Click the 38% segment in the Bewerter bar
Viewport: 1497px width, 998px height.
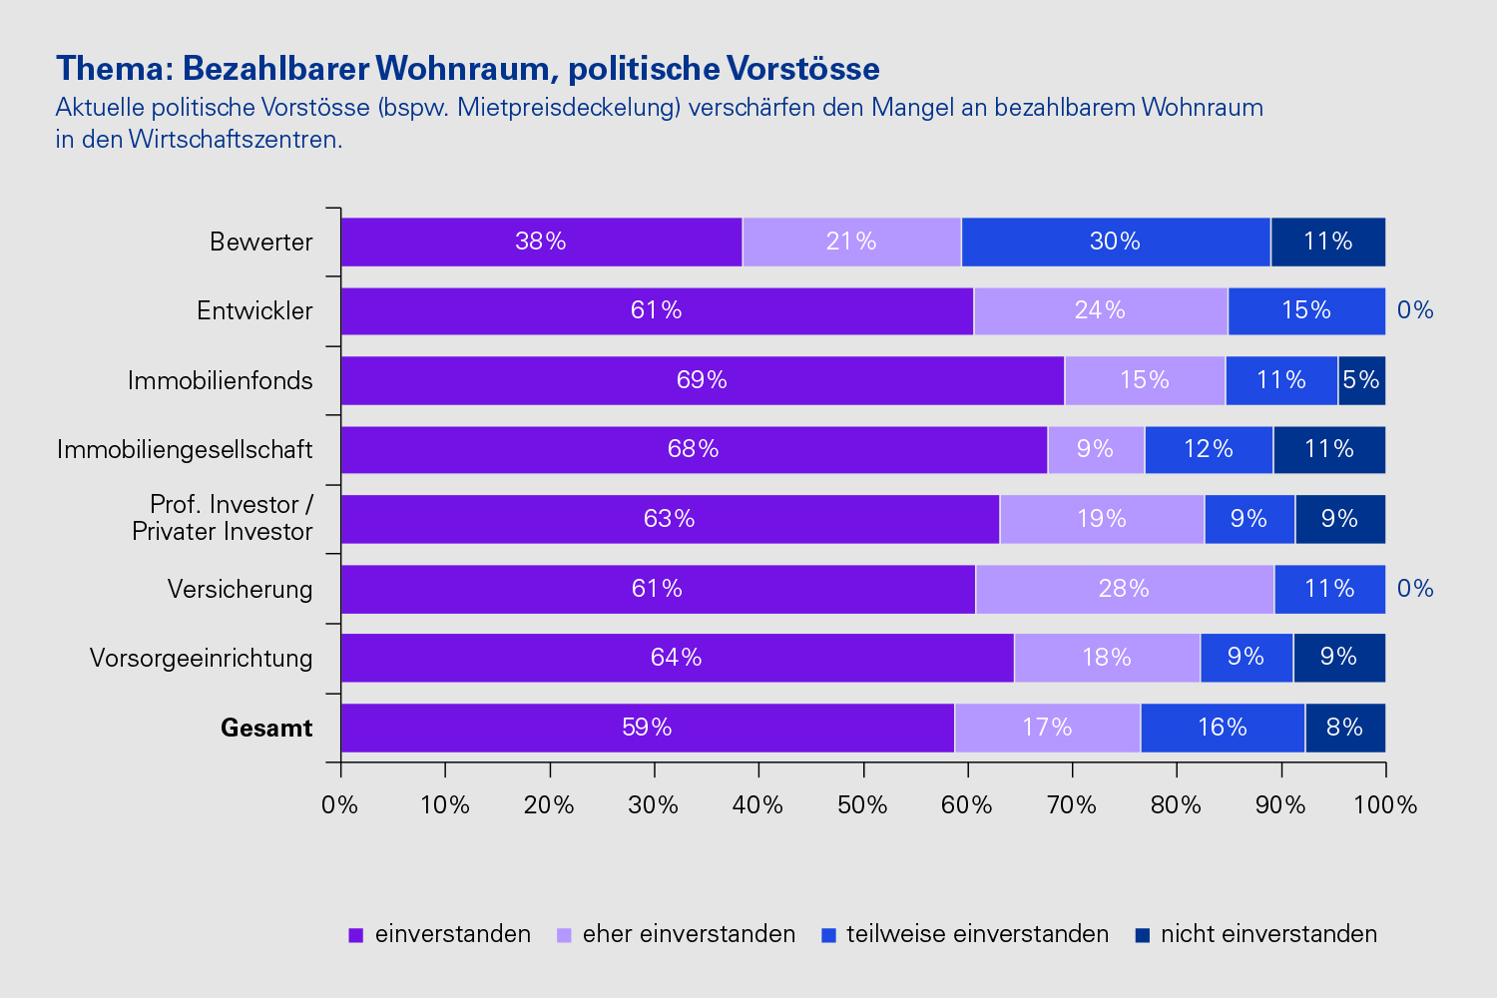tap(541, 242)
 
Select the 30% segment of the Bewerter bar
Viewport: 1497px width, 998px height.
tap(1115, 242)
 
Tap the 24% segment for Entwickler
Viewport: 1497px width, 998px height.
tap(1100, 310)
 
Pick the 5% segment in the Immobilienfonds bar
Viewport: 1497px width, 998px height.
tap(1361, 380)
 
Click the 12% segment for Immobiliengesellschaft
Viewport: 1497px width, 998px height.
tap(1209, 449)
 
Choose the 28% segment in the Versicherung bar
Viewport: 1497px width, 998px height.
tap(1124, 589)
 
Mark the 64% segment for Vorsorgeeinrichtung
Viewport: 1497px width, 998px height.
tap(677, 658)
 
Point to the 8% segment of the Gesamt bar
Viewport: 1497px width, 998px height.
tap(1344, 728)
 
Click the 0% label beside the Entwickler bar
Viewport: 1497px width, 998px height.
tap(1415, 310)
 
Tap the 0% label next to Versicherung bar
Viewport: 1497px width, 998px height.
tap(1415, 589)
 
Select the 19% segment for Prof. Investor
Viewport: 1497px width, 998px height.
tap(1102, 519)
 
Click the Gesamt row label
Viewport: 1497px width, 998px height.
tap(266, 729)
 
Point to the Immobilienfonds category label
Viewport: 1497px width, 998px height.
tap(221, 380)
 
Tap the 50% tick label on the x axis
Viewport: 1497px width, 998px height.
tap(862, 805)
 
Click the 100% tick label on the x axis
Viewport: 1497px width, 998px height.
tap(1385, 805)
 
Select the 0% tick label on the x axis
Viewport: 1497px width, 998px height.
tap(340, 805)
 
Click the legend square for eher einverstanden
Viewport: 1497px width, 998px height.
tap(564, 935)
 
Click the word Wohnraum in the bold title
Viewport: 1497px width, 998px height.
tap(463, 69)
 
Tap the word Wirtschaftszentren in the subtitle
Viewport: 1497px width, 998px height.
tap(236, 140)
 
